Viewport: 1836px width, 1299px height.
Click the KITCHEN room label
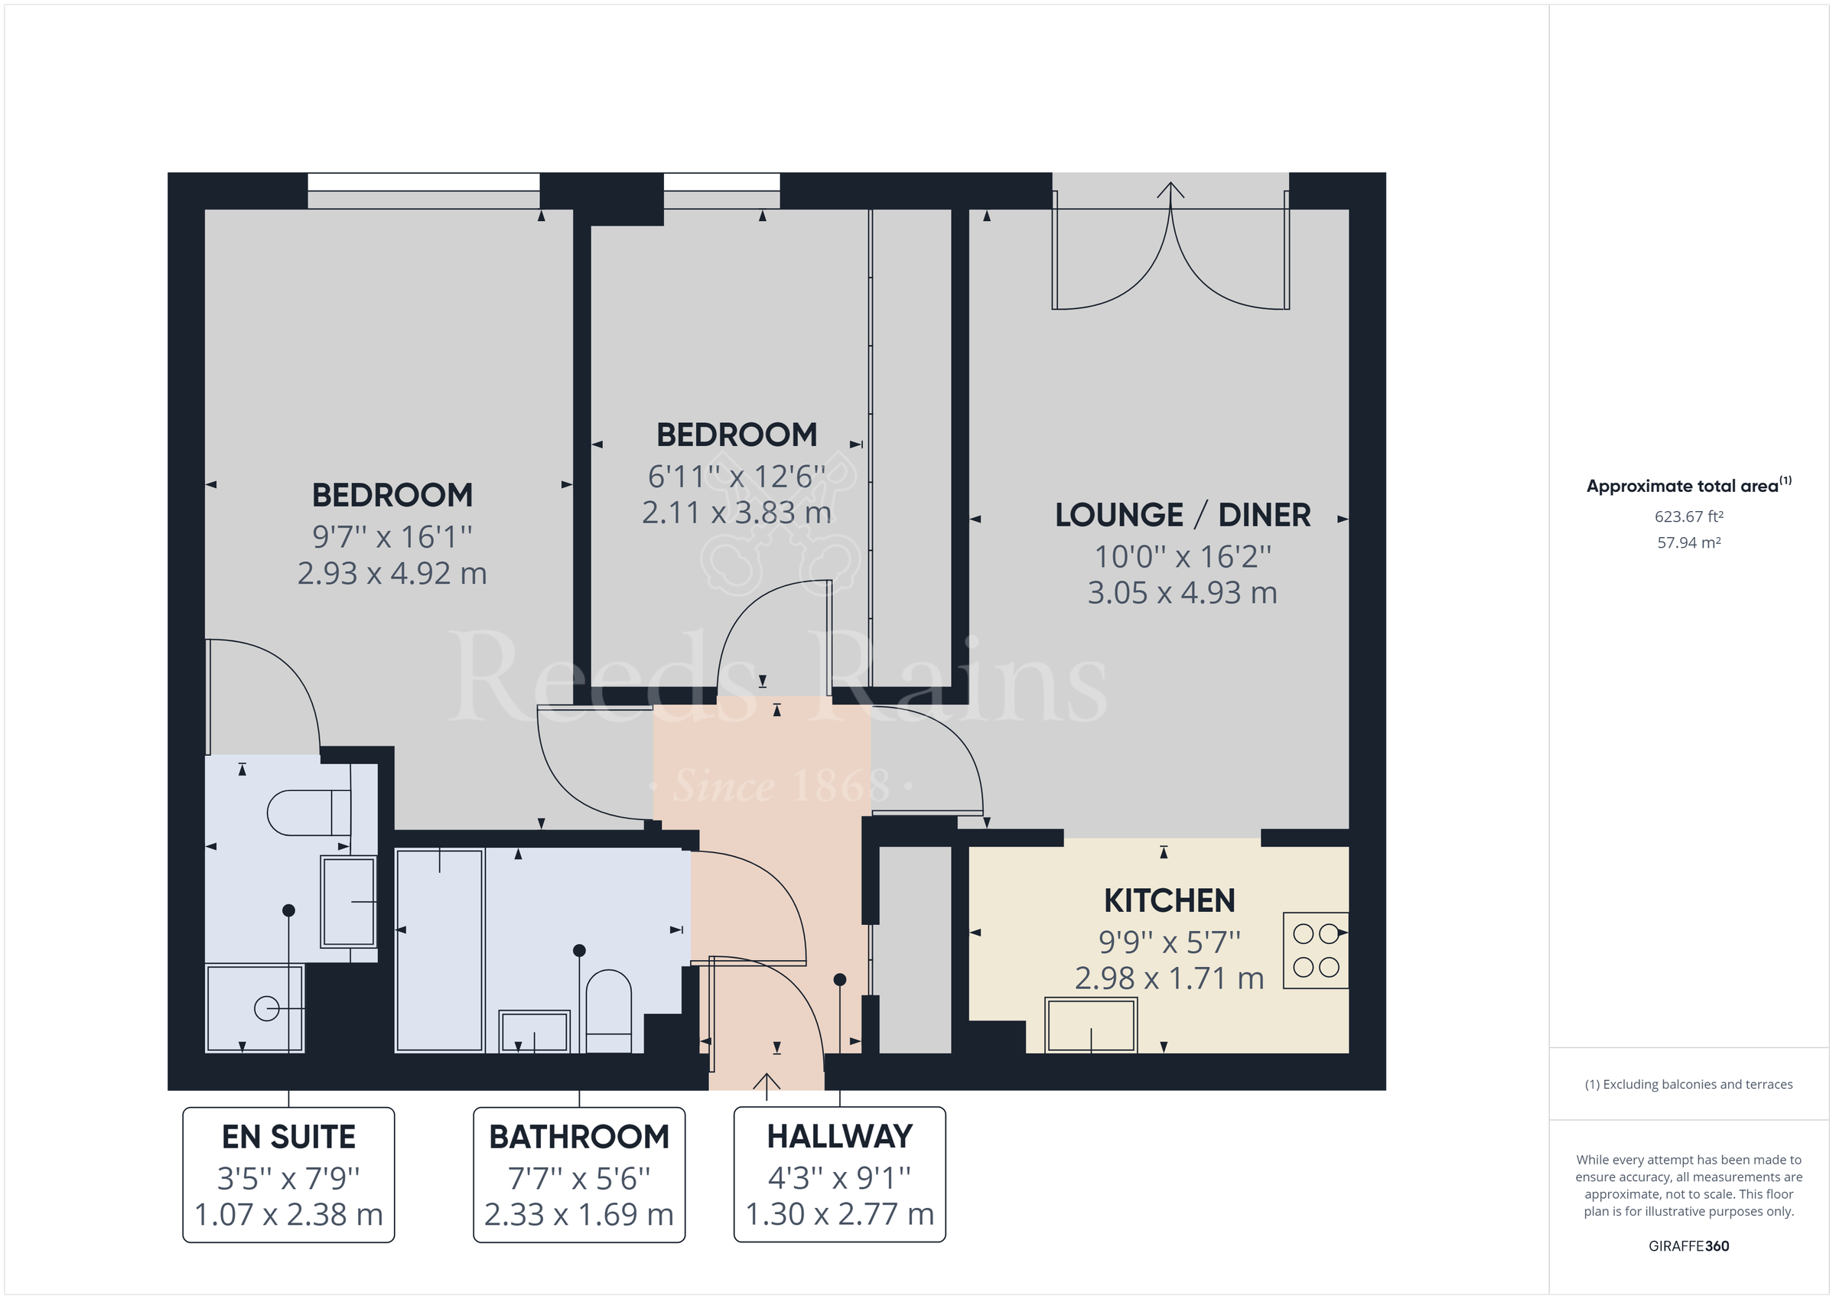point(1169,900)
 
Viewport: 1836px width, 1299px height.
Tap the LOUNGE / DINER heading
point(1182,515)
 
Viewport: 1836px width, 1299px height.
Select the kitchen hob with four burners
point(1316,950)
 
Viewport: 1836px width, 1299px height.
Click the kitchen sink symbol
point(1091,1025)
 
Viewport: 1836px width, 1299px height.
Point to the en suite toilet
point(308,812)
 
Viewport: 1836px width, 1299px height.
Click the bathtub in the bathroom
point(440,950)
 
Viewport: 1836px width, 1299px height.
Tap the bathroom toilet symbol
point(608,1010)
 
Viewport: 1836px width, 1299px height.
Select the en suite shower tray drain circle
point(266,1008)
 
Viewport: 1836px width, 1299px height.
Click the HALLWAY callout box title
point(840,1137)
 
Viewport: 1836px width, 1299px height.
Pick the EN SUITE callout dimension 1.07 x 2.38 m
point(288,1214)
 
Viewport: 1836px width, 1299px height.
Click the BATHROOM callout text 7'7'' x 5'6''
point(579,1178)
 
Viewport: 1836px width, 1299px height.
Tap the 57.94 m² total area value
point(1688,542)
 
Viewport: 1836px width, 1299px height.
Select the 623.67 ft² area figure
point(1688,516)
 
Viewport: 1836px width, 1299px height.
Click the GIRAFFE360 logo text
point(1688,1245)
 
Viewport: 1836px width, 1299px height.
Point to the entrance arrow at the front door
point(766,1085)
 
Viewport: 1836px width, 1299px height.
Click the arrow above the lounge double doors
point(1170,192)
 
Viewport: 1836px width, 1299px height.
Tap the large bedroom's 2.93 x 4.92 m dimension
point(392,574)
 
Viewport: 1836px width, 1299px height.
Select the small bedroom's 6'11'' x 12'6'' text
point(737,477)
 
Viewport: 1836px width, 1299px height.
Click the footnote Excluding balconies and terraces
point(1688,1085)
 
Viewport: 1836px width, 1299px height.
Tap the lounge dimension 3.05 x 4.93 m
point(1182,593)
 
